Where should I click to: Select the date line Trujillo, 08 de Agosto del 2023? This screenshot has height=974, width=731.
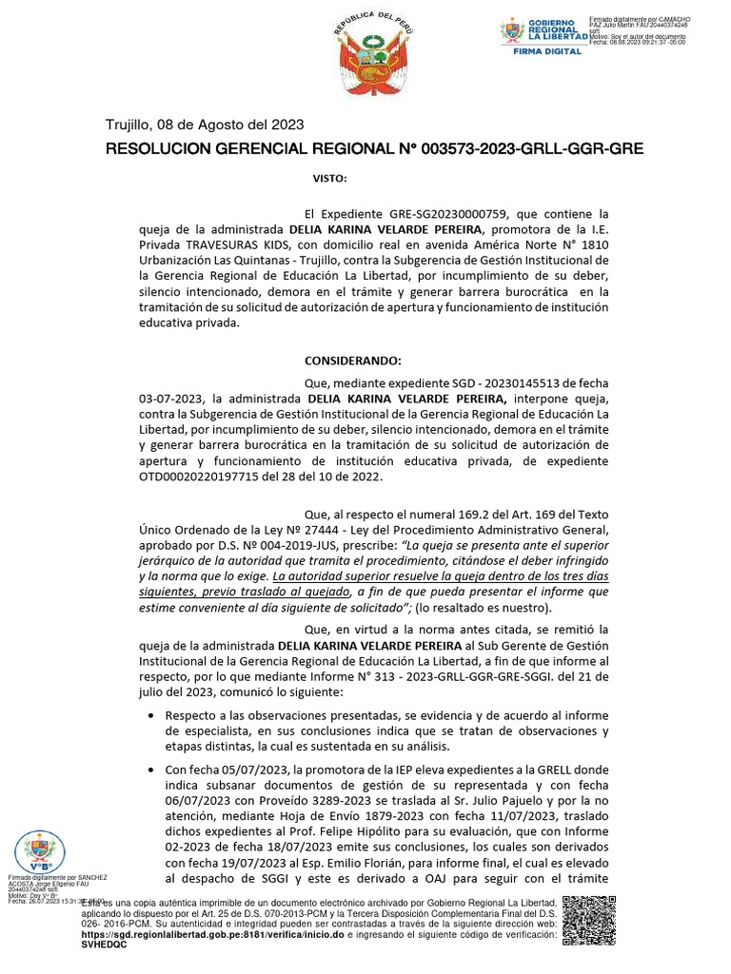(204, 125)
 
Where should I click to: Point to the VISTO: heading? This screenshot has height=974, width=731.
(330, 179)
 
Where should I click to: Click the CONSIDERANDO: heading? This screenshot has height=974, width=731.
(353, 362)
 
